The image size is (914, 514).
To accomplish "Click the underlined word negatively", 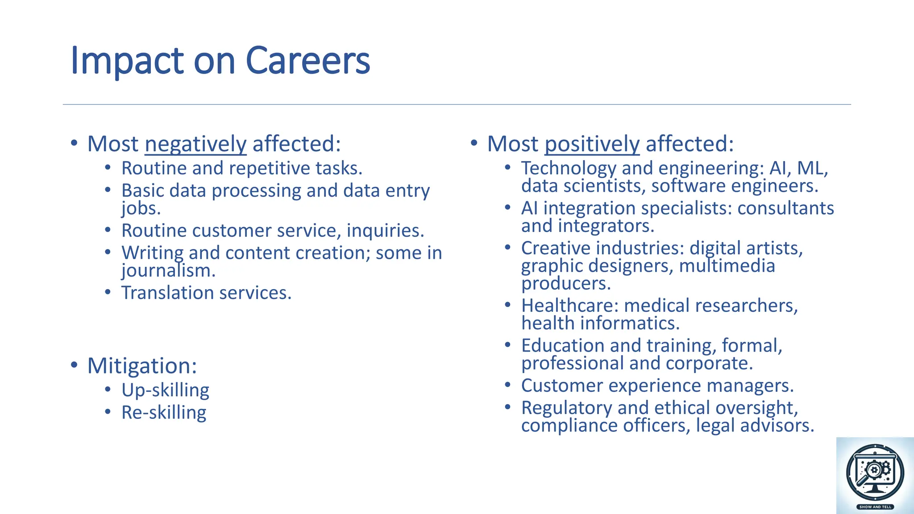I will click(x=195, y=144).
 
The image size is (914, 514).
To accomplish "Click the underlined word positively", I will click(x=592, y=144).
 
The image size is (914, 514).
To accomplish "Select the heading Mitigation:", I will click(x=142, y=366).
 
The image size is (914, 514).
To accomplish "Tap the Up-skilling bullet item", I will click(x=165, y=390).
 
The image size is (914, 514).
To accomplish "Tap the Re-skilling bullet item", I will click(x=164, y=412).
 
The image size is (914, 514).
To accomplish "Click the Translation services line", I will click(x=206, y=293).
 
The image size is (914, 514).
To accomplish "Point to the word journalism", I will click(x=168, y=271).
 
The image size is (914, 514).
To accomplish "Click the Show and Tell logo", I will click(x=875, y=475).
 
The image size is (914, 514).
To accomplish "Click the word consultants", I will click(x=785, y=208).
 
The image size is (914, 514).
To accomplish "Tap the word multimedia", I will click(x=727, y=266).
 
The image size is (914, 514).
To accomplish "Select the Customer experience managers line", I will click(x=657, y=385).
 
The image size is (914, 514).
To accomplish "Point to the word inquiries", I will click(x=385, y=231).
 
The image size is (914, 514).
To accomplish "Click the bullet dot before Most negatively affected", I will click(x=74, y=143).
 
